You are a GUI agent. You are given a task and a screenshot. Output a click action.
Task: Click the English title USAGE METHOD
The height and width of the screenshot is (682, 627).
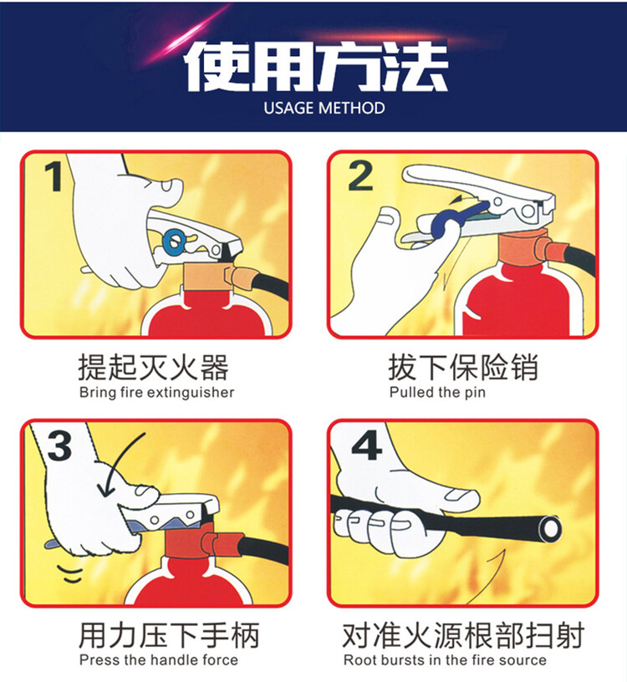pos(324,108)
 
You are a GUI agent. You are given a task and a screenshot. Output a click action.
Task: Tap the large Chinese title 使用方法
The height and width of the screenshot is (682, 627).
pos(316,67)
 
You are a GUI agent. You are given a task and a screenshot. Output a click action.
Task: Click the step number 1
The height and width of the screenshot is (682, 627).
pos(54,176)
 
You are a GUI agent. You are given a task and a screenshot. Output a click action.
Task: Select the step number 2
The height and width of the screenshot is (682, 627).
pos(360,176)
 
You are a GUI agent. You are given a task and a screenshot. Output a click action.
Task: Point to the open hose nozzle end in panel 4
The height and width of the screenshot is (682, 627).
pos(550,529)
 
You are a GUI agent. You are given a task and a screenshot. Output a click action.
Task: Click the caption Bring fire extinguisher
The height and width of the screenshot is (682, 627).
pos(156,392)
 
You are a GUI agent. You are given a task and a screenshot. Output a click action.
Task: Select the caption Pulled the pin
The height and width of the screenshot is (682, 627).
pos(437,392)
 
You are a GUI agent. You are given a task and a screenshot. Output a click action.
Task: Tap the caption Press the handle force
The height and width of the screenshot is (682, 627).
pos(158,659)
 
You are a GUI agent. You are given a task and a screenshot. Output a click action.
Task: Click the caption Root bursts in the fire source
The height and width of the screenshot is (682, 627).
pos(445,659)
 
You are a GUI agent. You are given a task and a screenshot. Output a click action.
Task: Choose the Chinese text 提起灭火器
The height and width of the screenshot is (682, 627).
pos(153,368)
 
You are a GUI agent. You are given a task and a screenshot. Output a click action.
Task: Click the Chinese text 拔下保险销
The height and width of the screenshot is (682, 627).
pos(463,368)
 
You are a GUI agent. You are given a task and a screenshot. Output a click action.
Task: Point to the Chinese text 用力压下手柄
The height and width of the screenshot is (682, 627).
pos(169,635)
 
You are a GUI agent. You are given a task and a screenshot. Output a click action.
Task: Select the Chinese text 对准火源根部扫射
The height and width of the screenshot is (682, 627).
pos(463,635)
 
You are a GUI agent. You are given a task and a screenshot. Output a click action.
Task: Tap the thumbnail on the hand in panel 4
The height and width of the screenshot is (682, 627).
pos(461,495)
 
